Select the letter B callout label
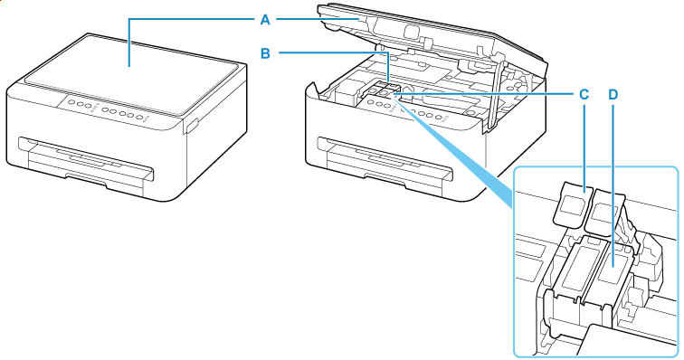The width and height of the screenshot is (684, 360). (x=264, y=53)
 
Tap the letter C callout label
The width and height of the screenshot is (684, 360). (x=584, y=93)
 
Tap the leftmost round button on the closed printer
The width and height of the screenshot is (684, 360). (x=72, y=104)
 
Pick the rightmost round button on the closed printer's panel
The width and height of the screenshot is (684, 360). (x=142, y=115)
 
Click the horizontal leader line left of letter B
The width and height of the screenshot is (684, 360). (x=330, y=53)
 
